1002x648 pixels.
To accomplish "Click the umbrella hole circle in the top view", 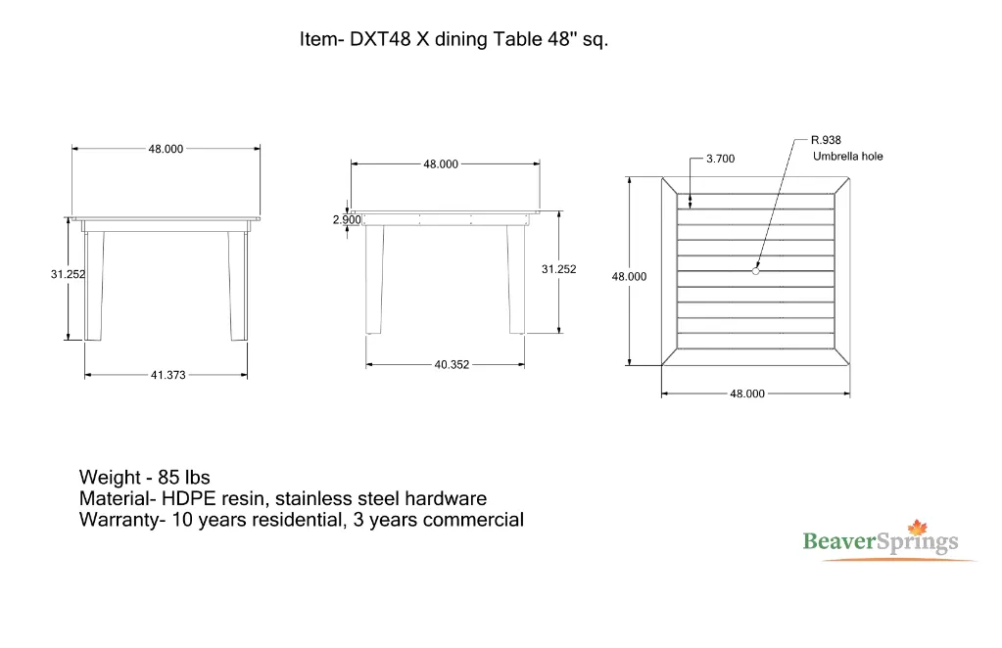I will click(x=755, y=271).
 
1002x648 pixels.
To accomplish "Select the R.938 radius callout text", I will click(x=826, y=140).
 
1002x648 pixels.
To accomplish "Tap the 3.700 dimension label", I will click(x=720, y=159).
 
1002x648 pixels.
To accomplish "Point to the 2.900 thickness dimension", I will click(x=347, y=220).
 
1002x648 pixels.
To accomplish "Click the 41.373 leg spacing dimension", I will click(x=167, y=375).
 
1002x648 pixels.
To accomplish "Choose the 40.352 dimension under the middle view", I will click(x=452, y=365).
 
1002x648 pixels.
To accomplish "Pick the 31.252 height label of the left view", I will click(x=68, y=275).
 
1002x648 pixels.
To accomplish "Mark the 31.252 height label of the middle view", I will click(x=558, y=269).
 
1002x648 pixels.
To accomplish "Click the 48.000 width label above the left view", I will click(x=166, y=149).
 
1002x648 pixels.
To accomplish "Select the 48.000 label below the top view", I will click(x=747, y=393).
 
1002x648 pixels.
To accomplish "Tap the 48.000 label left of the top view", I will click(x=629, y=277).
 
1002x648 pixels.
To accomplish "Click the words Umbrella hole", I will click(x=847, y=157).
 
